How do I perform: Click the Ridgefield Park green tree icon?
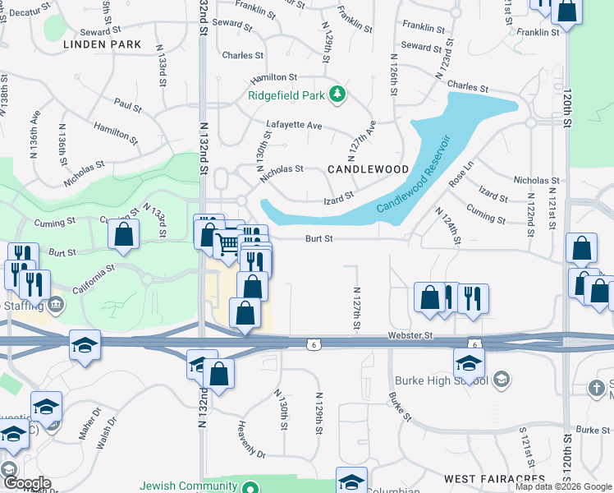coord(336,94)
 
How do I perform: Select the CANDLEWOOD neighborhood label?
coord(368,168)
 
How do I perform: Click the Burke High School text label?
coord(442,380)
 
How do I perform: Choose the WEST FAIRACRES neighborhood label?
coord(494,477)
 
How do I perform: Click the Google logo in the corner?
coord(26,482)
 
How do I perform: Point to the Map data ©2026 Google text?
coord(563,486)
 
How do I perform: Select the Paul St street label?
coord(128,106)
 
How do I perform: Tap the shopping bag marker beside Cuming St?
coord(123,235)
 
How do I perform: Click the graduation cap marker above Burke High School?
coord(469,362)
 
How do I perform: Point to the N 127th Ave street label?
coord(361,140)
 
